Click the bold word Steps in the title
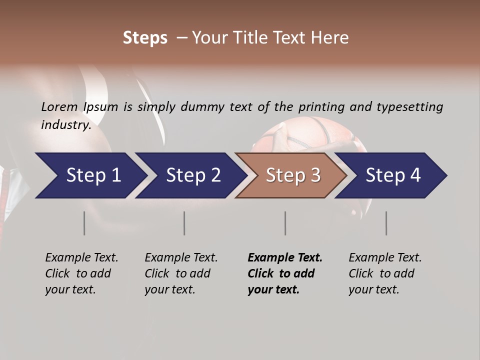click(145, 38)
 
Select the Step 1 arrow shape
click(90, 175)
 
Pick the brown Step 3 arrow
click(292, 175)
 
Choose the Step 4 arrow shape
click(392, 175)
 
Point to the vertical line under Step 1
click(84, 223)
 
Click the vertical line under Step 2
click(184, 223)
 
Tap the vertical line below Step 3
click(285, 223)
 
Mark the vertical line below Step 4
click(386, 223)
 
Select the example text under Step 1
click(81, 273)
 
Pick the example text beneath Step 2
click(181, 273)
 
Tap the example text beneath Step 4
click(385, 273)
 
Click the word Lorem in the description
click(59, 106)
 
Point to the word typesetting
click(409, 107)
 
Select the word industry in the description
click(65, 124)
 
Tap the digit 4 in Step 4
click(415, 175)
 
